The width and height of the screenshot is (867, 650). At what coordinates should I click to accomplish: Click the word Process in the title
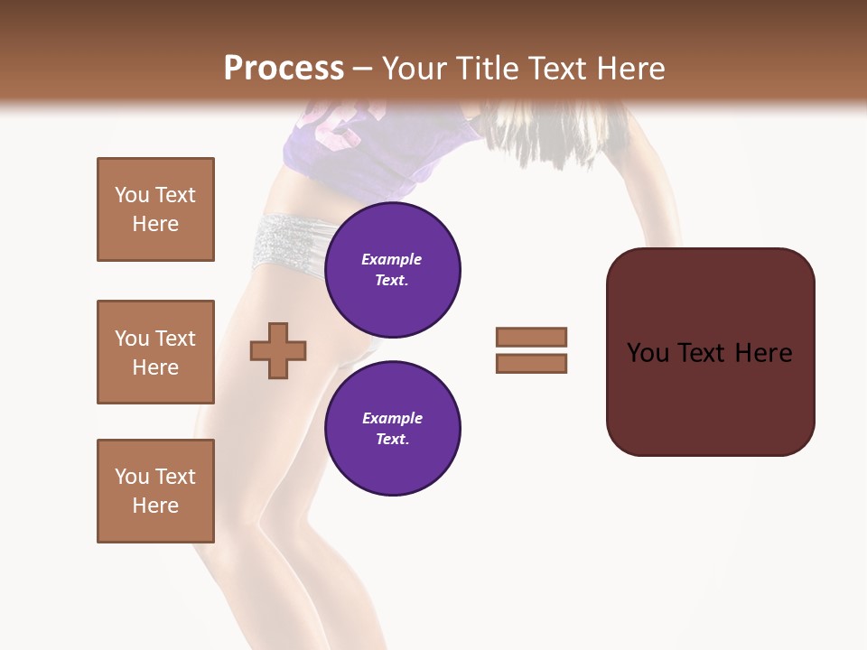pyautogui.click(x=284, y=69)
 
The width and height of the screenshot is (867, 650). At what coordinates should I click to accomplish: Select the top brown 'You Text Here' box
pyautogui.click(x=155, y=209)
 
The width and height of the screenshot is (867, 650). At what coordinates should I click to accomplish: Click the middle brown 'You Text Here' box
pyautogui.click(x=155, y=352)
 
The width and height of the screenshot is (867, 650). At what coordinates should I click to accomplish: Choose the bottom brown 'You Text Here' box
pyautogui.click(x=155, y=491)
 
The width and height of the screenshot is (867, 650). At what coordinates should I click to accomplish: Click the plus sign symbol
pyautogui.click(x=278, y=350)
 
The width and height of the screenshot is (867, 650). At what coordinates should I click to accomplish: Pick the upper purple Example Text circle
pyautogui.click(x=392, y=270)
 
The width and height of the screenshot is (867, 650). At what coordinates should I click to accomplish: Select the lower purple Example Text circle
pyautogui.click(x=392, y=429)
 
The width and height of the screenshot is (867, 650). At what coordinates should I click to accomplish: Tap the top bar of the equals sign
pyautogui.click(x=531, y=338)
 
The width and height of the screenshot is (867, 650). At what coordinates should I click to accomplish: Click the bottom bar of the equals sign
pyautogui.click(x=531, y=364)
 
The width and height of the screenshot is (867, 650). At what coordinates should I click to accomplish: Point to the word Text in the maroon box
pyautogui.click(x=703, y=353)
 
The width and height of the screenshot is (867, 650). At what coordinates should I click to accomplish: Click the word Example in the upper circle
pyautogui.click(x=392, y=260)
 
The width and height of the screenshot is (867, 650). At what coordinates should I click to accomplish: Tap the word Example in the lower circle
pyautogui.click(x=392, y=419)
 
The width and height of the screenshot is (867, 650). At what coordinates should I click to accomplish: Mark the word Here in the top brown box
pyautogui.click(x=155, y=224)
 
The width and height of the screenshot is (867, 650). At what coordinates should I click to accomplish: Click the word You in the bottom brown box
pyautogui.click(x=132, y=477)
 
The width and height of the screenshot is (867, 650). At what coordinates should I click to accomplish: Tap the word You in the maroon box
pyautogui.click(x=648, y=353)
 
